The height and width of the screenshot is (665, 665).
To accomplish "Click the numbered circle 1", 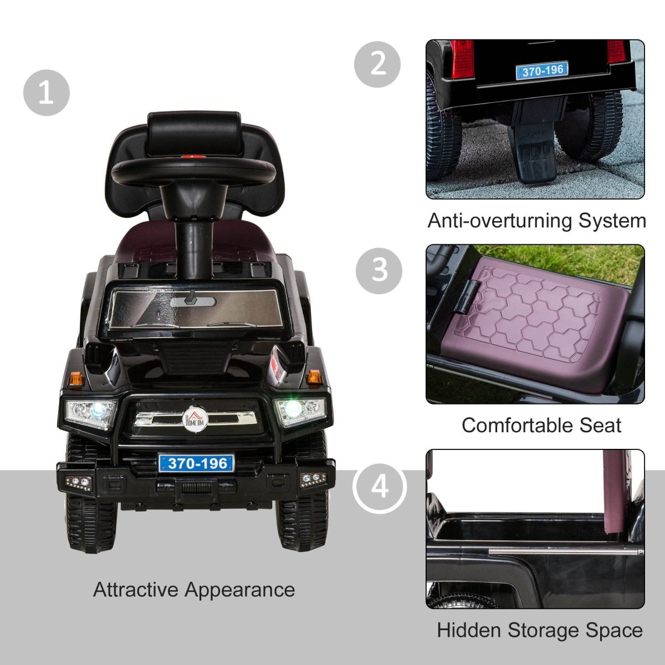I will [47, 93].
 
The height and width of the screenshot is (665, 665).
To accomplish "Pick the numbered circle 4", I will [380, 488].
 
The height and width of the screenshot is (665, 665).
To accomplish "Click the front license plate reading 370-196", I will [196, 463].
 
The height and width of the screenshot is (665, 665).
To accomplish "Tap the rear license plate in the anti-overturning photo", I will [541, 70].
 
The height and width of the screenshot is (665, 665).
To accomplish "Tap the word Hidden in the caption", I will [469, 630].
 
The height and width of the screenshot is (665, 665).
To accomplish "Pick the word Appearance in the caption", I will [239, 589].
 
